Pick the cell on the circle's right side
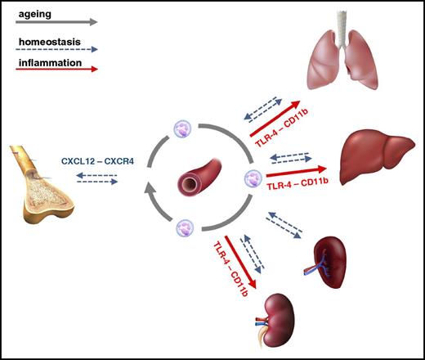tap(252, 176)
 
